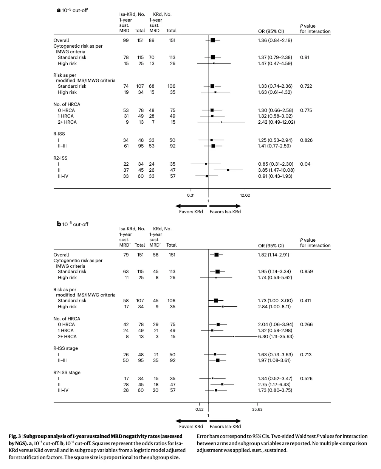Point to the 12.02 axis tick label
pyautogui.click(x=245, y=195)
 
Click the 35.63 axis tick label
pyautogui.click(x=257, y=409)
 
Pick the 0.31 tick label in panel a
pyautogui.click(x=191, y=195)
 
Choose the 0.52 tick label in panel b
pyautogui.click(x=200, y=409)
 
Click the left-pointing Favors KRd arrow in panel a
pyautogui.click(x=191, y=206)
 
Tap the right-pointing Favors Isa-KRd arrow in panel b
pyautogui.click(x=225, y=421)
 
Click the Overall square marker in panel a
pyautogui.click(x=213, y=40)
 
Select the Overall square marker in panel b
pyautogui.click(x=216, y=255)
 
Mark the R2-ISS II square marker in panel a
pyautogui.click(x=228, y=170)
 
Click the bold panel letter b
pyautogui.click(x=59, y=224)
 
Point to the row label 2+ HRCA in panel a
pyautogui.click(x=67, y=122)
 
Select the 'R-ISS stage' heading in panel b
pyautogui.click(x=65, y=348)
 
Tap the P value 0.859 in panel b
pyautogui.click(x=306, y=271)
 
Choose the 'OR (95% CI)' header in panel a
pyautogui.click(x=271, y=31)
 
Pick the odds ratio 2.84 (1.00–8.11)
pyautogui.click(x=274, y=306)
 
